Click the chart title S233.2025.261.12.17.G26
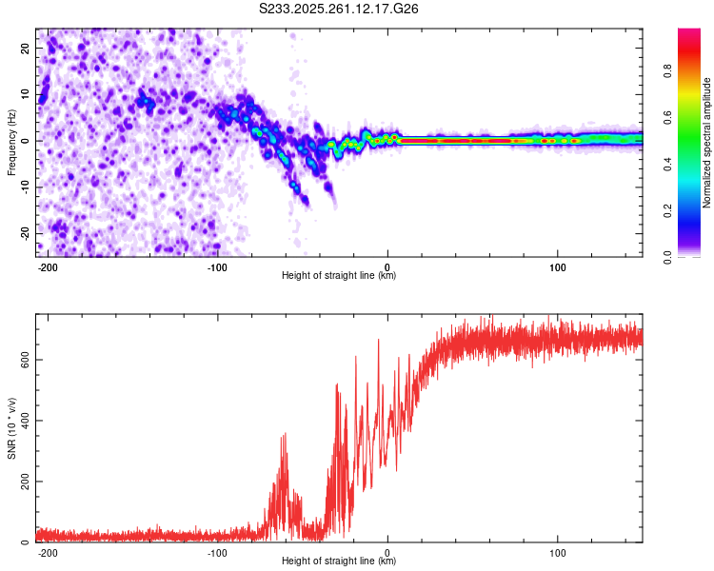pos(340,9)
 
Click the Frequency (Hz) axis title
pos(12,142)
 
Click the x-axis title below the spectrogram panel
pos(339,276)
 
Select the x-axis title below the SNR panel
pos(339,561)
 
